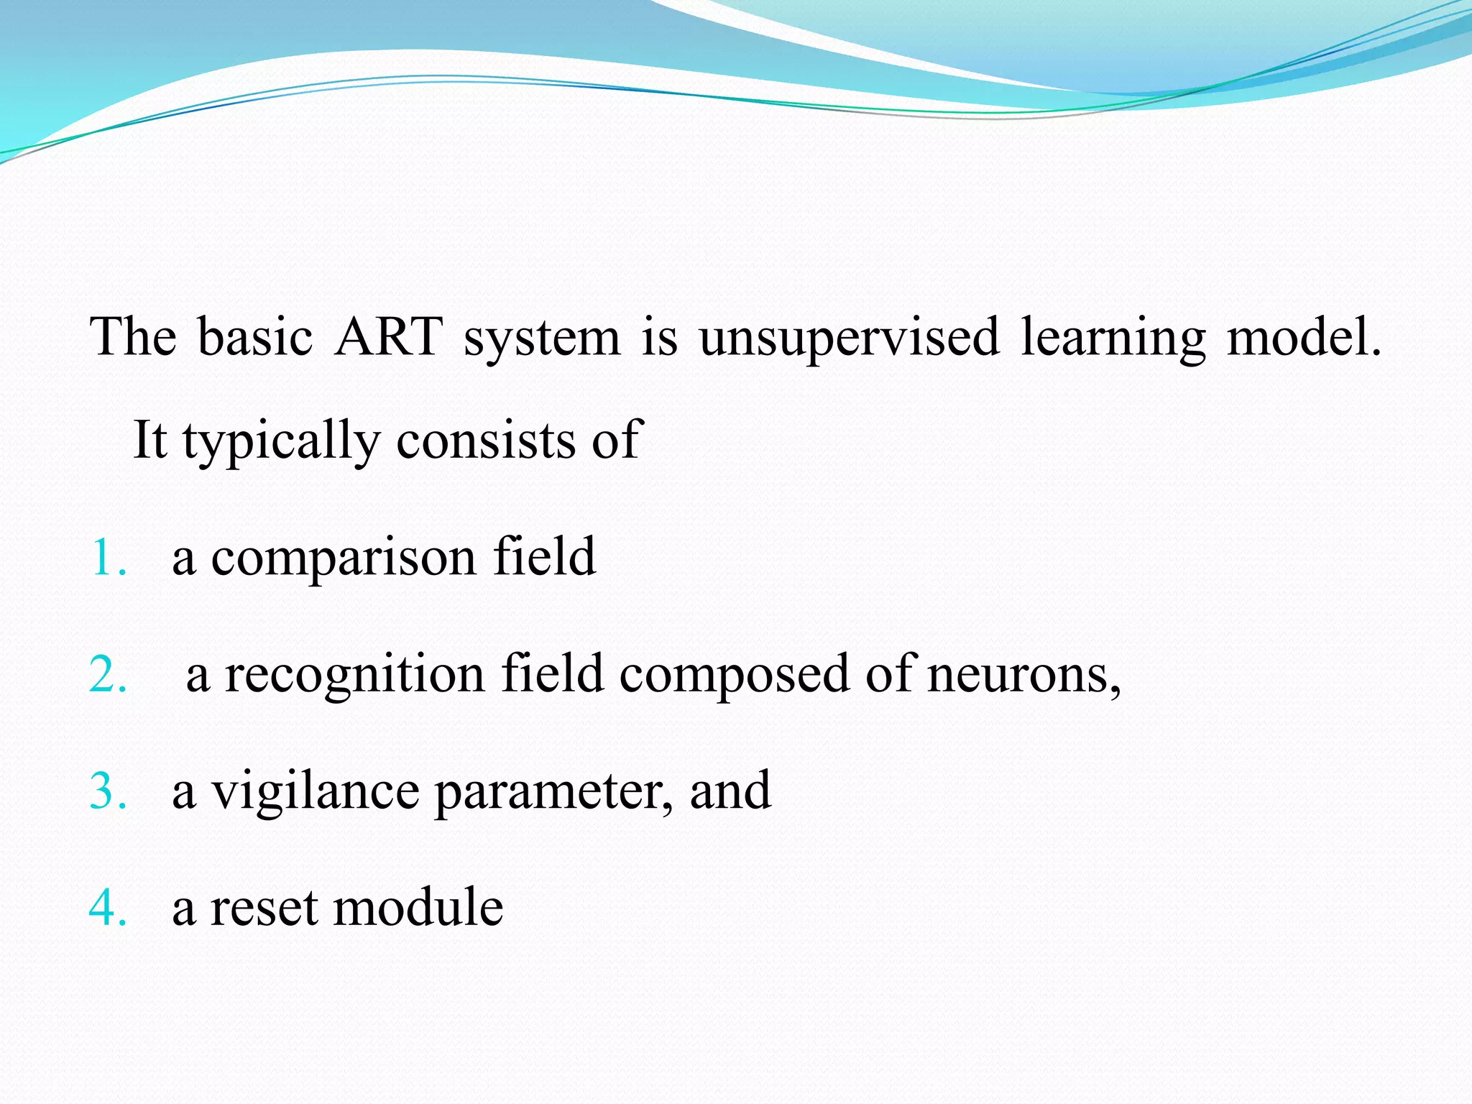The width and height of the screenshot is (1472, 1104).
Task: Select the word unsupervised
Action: pos(850,338)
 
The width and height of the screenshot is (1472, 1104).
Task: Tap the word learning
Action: pos(1113,338)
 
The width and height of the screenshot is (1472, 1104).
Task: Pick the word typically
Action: pos(281,441)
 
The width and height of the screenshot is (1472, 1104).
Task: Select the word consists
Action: pos(486,440)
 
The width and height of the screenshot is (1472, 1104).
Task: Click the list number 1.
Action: pos(108,557)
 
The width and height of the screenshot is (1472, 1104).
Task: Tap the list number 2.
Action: pos(108,674)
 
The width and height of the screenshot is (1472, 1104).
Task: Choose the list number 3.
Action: pos(108,791)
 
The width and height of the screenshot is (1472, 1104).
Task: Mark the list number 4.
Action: pos(108,907)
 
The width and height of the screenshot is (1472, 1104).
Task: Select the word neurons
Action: pos(1023,676)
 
